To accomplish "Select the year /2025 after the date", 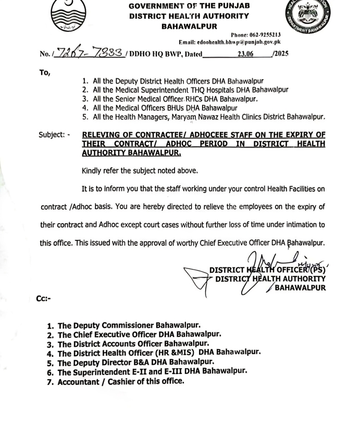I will point(280,54).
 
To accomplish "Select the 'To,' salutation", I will point(45,73).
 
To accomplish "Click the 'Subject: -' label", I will point(54,135).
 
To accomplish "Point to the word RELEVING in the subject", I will point(102,135).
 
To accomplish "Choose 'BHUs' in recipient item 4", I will point(165,108).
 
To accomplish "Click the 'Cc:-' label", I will point(43,298).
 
